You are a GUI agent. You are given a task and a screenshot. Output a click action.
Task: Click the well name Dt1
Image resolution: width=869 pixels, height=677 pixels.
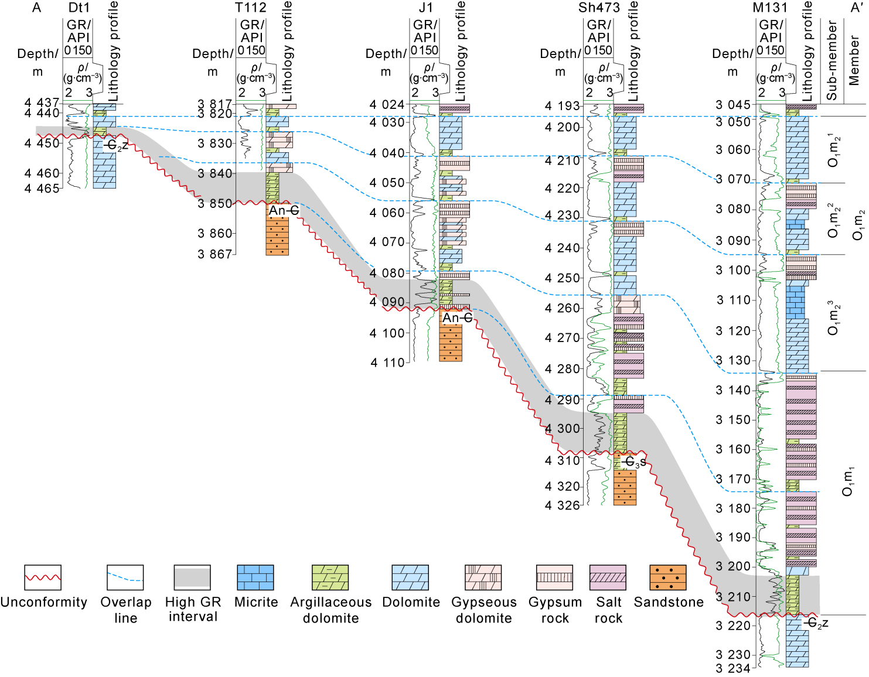(x=79, y=8)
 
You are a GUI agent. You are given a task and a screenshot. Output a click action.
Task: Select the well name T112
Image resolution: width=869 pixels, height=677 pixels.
(x=251, y=8)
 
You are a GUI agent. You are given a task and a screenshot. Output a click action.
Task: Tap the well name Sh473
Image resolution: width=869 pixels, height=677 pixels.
(x=599, y=8)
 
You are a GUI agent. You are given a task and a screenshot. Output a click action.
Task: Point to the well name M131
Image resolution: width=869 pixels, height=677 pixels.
(x=770, y=8)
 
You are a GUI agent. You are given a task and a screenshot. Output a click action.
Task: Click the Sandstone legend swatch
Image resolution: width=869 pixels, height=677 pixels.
(x=668, y=577)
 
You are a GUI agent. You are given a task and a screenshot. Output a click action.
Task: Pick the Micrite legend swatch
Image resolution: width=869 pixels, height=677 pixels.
(x=255, y=577)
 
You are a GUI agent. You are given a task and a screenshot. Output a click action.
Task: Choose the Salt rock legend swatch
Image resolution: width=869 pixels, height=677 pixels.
(x=608, y=577)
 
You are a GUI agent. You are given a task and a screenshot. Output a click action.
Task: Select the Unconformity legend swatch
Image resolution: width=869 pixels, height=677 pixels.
(x=43, y=577)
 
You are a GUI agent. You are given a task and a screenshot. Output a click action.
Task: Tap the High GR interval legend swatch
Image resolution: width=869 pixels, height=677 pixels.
(x=192, y=577)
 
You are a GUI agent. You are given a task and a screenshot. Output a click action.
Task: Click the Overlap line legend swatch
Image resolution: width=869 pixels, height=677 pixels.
(x=125, y=577)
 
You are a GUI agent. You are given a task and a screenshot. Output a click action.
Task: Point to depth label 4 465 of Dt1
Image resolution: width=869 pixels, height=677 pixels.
(x=42, y=189)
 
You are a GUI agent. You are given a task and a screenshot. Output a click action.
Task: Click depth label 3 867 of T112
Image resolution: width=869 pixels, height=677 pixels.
(x=215, y=254)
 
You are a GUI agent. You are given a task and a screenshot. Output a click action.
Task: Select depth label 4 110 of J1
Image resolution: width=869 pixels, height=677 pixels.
(x=387, y=363)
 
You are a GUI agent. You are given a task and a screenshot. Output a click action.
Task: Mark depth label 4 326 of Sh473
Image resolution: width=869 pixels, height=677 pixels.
(x=562, y=505)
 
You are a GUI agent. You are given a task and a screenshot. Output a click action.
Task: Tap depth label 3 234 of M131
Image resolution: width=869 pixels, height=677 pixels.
(x=733, y=669)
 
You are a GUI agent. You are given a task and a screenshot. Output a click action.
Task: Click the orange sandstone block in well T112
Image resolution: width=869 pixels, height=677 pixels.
(x=277, y=236)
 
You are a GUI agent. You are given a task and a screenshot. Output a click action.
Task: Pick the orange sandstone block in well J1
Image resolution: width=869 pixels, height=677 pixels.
(x=451, y=343)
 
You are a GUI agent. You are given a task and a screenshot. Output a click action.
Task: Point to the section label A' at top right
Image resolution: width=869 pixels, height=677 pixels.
(x=857, y=8)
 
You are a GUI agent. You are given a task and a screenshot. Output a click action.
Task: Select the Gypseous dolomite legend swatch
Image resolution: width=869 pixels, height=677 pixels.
(x=483, y=577)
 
